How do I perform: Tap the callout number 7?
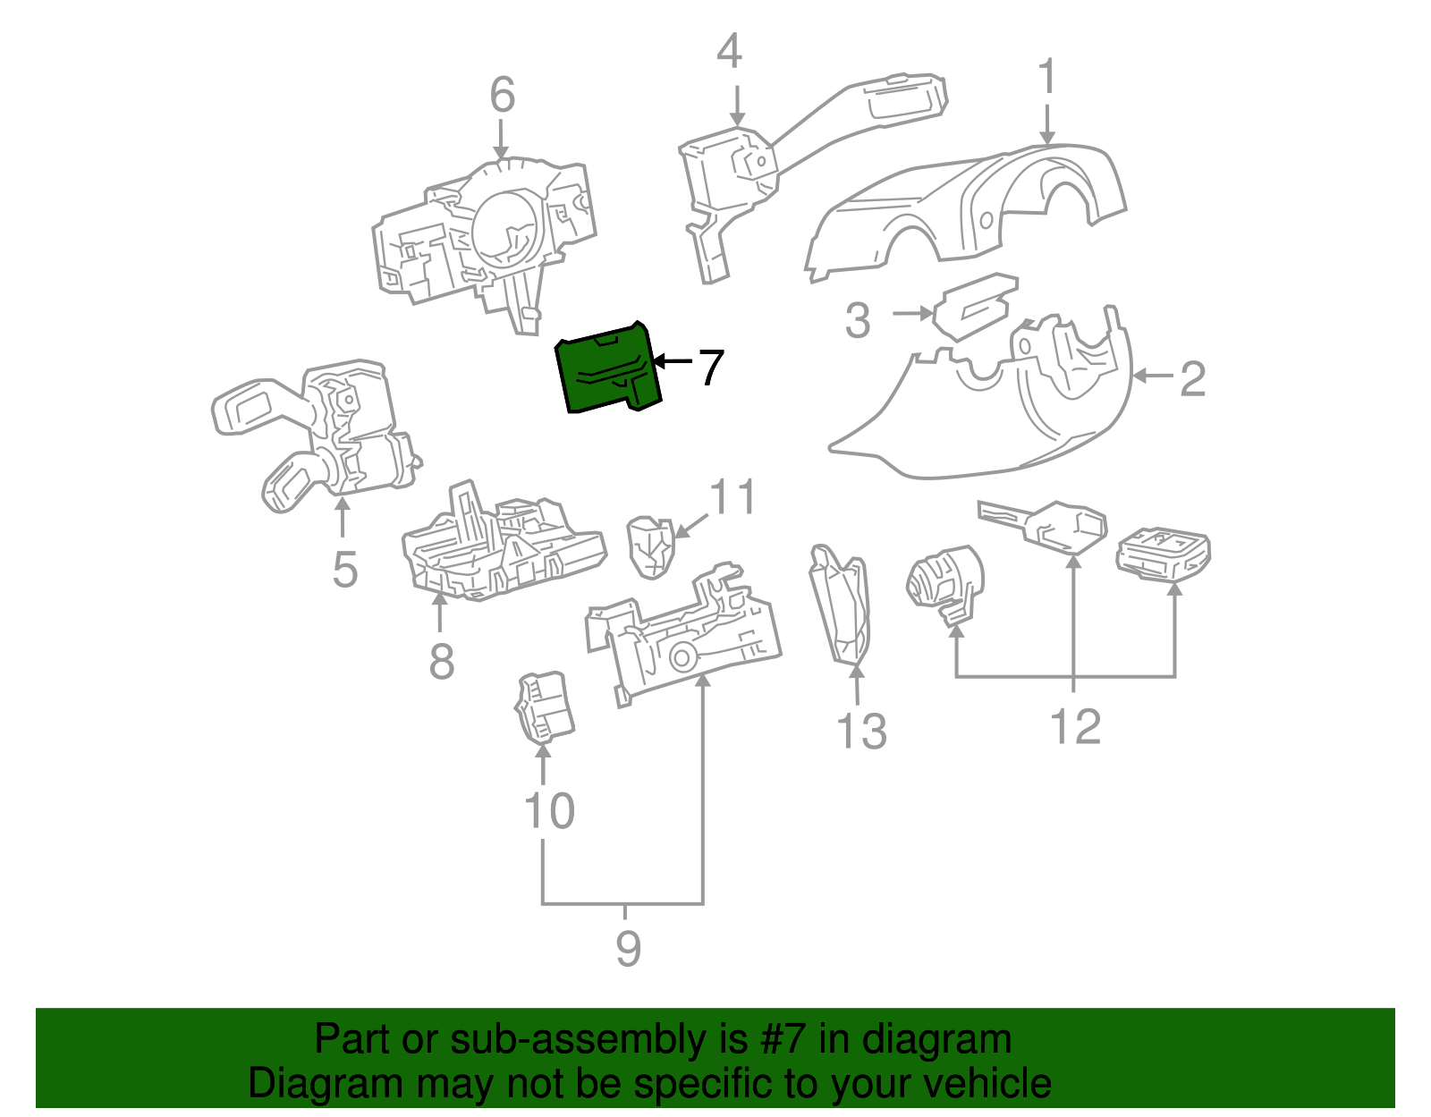[710, 368]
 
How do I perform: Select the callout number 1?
[1046, 78]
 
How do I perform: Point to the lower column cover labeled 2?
[984, 420]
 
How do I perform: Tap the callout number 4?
[729, 51]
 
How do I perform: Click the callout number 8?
[442, 662]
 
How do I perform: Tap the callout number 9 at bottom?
[628, 949]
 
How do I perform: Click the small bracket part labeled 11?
[651, 546]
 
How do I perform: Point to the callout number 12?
[1075, 726]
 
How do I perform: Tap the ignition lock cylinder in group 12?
[944, 581]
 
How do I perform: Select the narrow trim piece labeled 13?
[841, 608]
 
